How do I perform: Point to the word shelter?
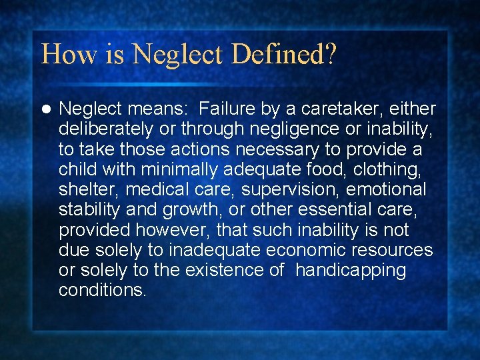click(x=87, y=189)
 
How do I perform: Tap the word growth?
click(x=182, y=210)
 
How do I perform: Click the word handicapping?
click(x=350, y=271)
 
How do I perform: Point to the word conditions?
click(x=102, y=291)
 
